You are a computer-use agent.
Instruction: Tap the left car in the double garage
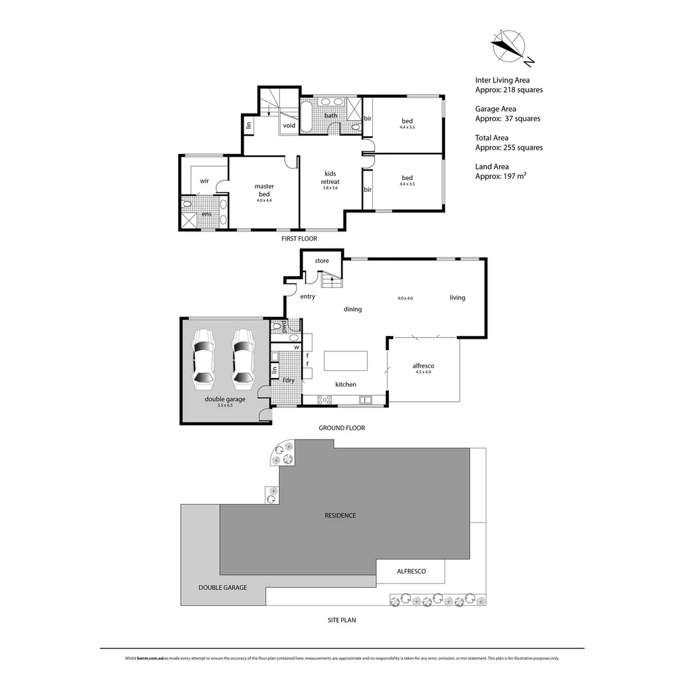coord(204,359)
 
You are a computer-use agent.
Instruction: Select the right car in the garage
coord(243,359)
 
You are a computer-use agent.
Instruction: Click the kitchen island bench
coord(346,360)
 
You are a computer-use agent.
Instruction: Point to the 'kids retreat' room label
coord(330,178)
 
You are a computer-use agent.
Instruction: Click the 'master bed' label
coord(264,190)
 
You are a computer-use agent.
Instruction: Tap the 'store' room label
coord(322,261)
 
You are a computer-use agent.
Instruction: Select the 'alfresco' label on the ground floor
coord(423,366)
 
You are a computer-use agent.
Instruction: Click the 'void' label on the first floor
coord(289,126)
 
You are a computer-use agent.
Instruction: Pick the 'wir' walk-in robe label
coord(204,181)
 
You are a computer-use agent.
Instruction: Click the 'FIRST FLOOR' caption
coord(299,238)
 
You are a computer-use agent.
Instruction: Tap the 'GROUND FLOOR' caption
coord(341,428)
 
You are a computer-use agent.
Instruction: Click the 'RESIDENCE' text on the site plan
coord(340,516)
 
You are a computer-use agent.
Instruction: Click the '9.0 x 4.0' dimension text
coord(405,298)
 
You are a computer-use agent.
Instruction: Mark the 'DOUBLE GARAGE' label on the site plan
coord(223,587)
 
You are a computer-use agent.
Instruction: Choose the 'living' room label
coord(457,297)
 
